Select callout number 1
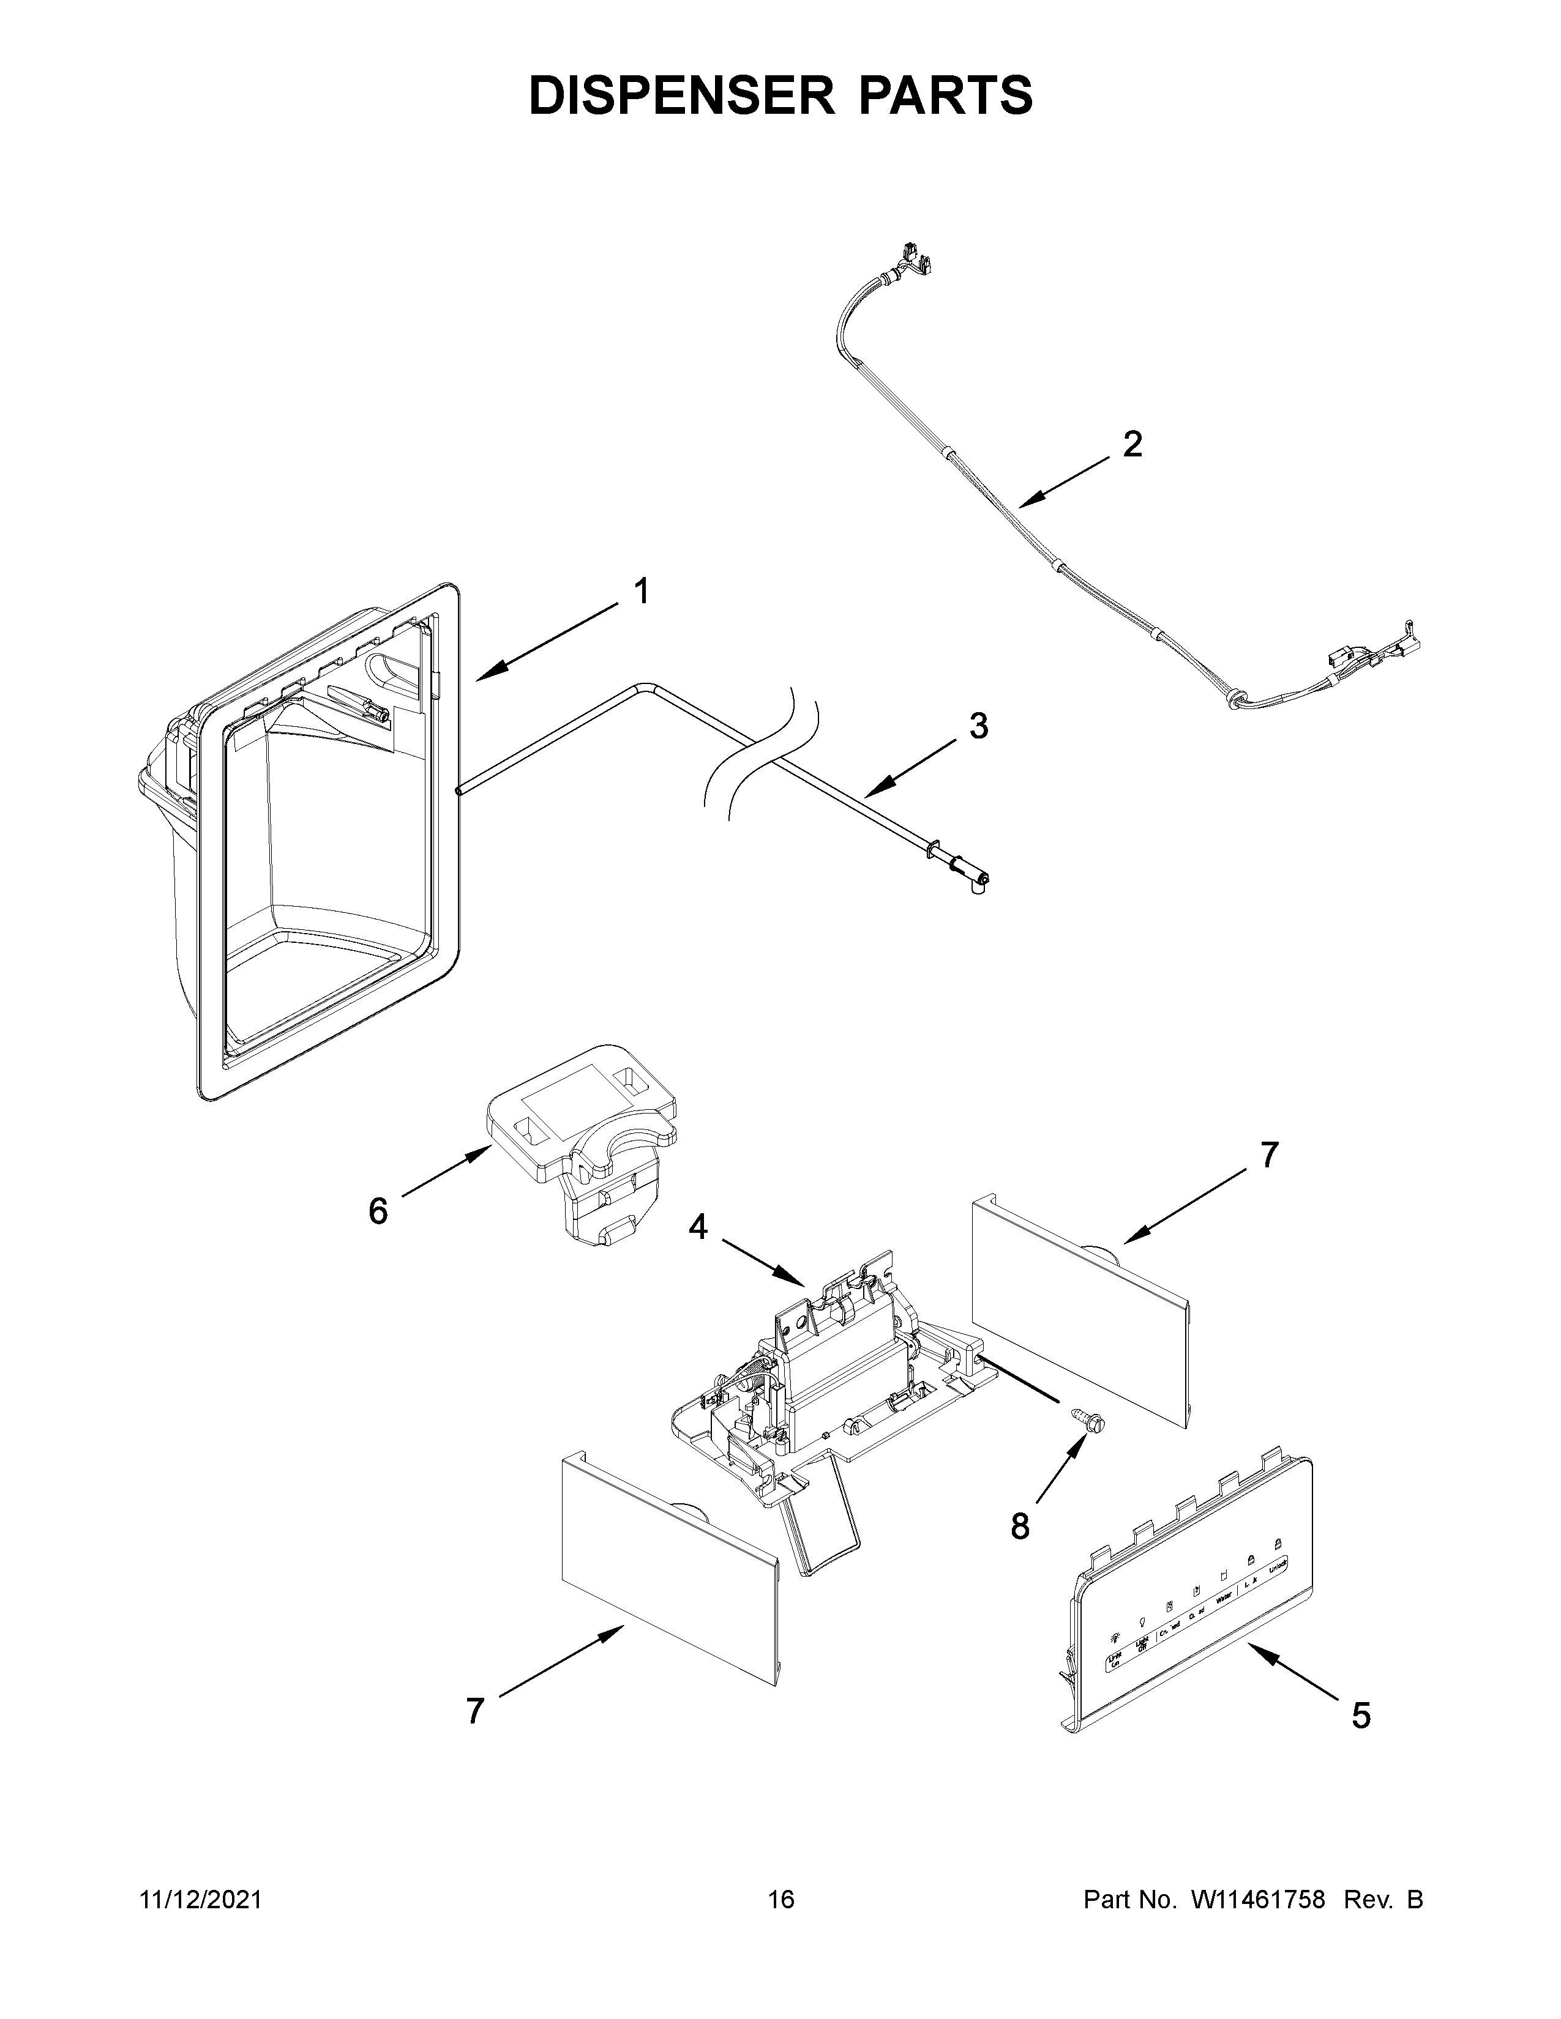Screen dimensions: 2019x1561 (640, 591)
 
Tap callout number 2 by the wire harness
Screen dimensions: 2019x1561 (1132, 445)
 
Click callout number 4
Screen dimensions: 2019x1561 (698, 1228)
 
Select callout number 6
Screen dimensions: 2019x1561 (377, 1211)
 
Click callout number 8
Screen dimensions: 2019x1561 (1019, 1527)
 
